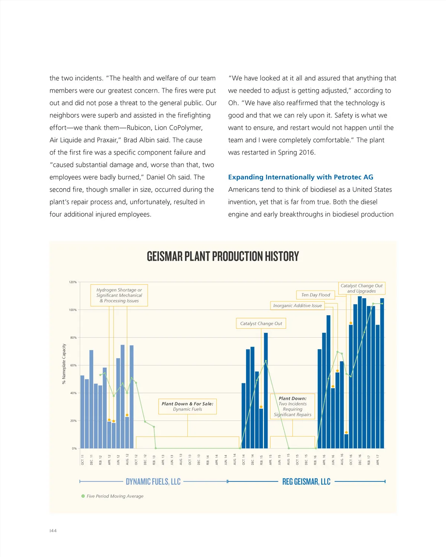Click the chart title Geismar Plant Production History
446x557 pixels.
point(223,257)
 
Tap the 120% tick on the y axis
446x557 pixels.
point(73,282)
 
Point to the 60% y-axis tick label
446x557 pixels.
point(73,366)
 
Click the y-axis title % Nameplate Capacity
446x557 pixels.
point(64,364)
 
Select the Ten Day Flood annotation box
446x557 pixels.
point(316,295)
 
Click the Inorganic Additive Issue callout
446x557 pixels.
point(297,306)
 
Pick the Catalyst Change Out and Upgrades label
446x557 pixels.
point(361,289)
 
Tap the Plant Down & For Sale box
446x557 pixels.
point(187,406)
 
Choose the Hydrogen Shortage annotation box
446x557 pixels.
point(119,295)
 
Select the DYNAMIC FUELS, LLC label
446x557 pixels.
point(153,482)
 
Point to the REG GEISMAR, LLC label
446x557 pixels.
point(306,482)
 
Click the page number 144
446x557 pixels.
point(53,531)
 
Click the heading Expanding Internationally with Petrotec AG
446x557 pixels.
point(300,177)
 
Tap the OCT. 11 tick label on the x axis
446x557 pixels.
point(83,460)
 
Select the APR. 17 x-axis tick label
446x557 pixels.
point(378,460)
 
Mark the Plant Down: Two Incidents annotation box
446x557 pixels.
point(293,406)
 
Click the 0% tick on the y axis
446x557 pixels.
point(74,448)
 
